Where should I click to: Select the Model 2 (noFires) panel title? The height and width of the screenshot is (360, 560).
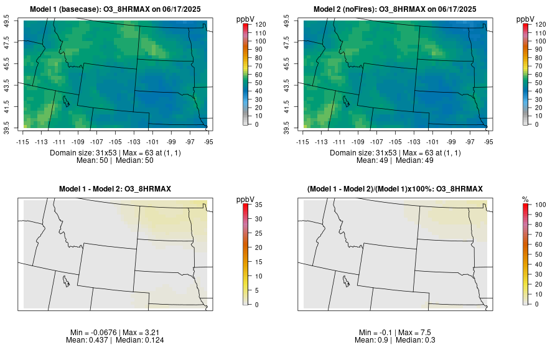point(395,9)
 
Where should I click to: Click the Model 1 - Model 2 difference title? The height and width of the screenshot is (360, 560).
point(115,188)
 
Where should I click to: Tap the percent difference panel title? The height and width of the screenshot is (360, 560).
point(395,188)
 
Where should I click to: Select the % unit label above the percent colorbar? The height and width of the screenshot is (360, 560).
point(526,199)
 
